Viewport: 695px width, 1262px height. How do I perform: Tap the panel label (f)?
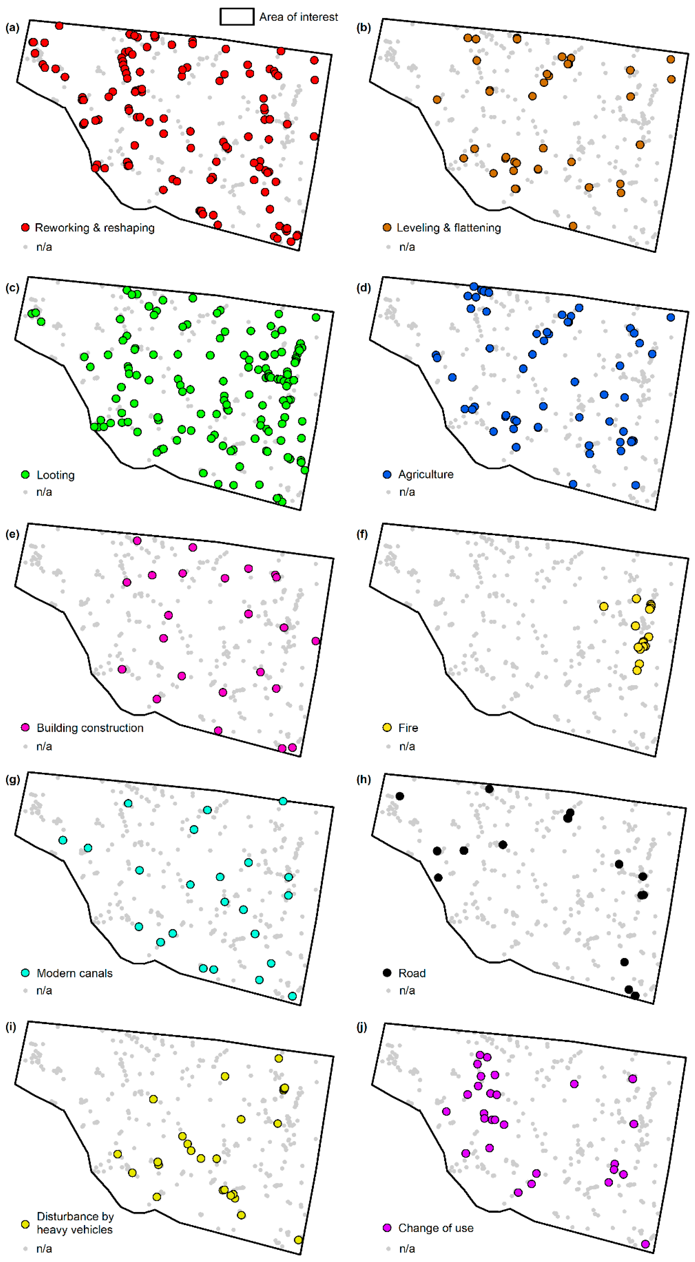pos(362,534)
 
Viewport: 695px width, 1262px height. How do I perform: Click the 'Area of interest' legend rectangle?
pos(237,17)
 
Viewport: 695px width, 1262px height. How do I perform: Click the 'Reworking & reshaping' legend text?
pos(95,228)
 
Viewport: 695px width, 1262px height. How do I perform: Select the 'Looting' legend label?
pos(55,475)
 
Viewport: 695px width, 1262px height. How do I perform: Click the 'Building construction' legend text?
pos(90,728)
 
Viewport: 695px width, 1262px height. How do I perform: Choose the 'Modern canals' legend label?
pos(75,973)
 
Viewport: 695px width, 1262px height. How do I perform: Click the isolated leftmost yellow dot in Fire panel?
pos(604,607)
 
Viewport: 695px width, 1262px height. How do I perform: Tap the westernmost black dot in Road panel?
pos(400,796)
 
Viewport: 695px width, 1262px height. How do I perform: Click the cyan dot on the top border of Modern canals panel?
pos(283,801)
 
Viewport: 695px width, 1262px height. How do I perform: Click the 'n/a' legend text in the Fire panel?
pos(407,747)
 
